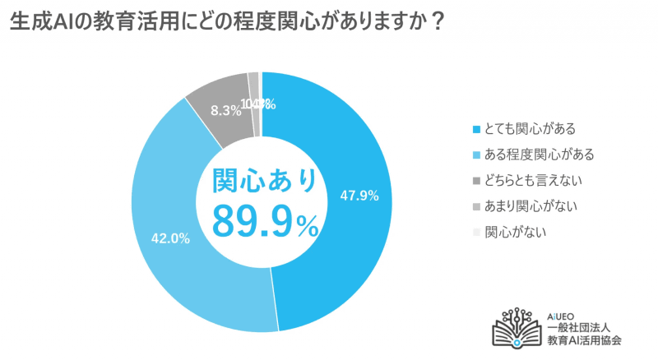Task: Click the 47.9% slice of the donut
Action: coord(345,247)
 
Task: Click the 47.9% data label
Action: coord(359,196)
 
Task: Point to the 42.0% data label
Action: coord(171,239)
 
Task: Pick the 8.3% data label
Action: coord(220,108)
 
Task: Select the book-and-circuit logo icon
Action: coord(517,329)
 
